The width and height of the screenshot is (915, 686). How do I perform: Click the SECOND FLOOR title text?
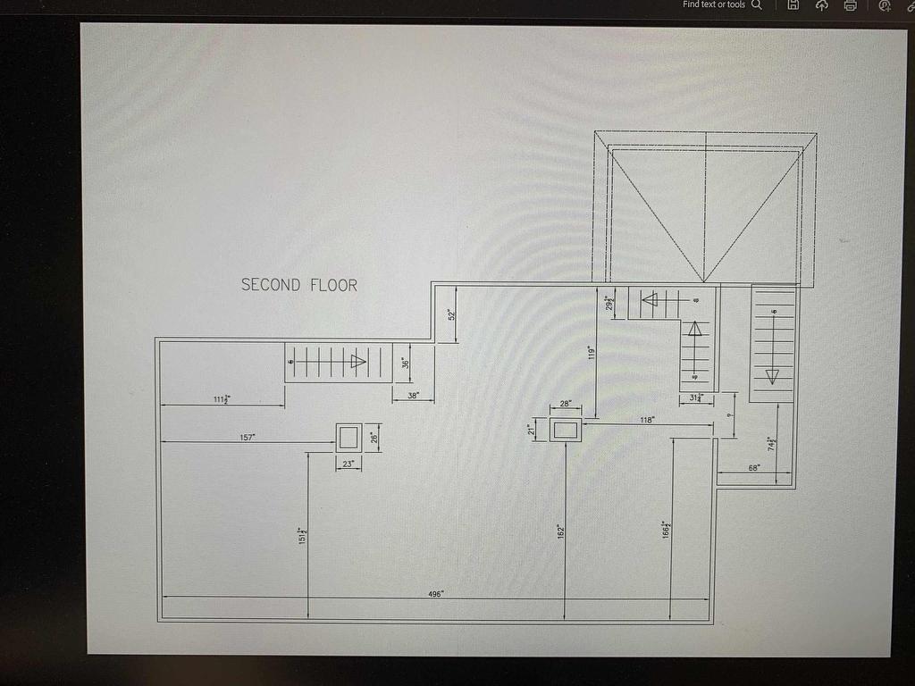pos(299,285)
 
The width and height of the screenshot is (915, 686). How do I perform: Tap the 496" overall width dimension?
pos(435,593)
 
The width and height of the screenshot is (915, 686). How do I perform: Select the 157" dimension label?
pos(248,437)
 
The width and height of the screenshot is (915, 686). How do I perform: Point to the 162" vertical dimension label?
pos(559,531)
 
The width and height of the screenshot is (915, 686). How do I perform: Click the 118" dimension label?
pos(648,419)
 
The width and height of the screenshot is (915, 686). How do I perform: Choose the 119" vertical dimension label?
pos(591,353)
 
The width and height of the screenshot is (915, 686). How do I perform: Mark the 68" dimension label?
pos(754,467)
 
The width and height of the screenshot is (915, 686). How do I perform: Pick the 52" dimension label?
pos(452,314)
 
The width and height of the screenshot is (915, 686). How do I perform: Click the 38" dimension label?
pos(413,395)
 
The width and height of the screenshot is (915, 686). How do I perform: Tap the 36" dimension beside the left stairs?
pos(404,364)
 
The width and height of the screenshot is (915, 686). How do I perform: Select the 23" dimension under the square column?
pos(348,464)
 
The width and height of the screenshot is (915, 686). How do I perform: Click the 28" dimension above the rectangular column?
pos(565,405)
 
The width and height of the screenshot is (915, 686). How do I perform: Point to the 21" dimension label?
pos(532,431)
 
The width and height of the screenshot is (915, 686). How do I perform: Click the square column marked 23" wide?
pos(348,437)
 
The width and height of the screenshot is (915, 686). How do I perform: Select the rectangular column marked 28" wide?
pos(565,430)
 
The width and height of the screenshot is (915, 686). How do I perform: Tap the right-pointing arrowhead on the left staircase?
pos(358,362)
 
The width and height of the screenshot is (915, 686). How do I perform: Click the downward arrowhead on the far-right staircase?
pos(772,376)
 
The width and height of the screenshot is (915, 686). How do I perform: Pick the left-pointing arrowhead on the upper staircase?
pos(650,299)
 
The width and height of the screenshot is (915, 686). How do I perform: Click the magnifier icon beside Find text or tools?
pos(757,4)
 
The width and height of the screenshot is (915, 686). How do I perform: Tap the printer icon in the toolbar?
pos(851,5)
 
